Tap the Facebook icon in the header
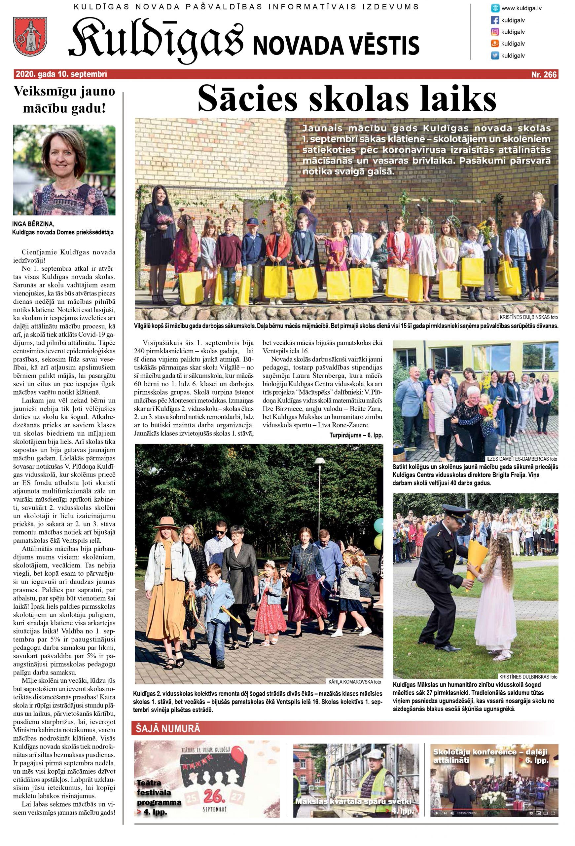[495, 20]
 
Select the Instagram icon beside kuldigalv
[495, 32]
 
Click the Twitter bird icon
[495, 56]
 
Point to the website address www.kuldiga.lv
[521, 8]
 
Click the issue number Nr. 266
[544, 75]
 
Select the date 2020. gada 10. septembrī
[61, 75]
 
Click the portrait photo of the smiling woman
[64, 170]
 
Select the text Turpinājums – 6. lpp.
[356, 435]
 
